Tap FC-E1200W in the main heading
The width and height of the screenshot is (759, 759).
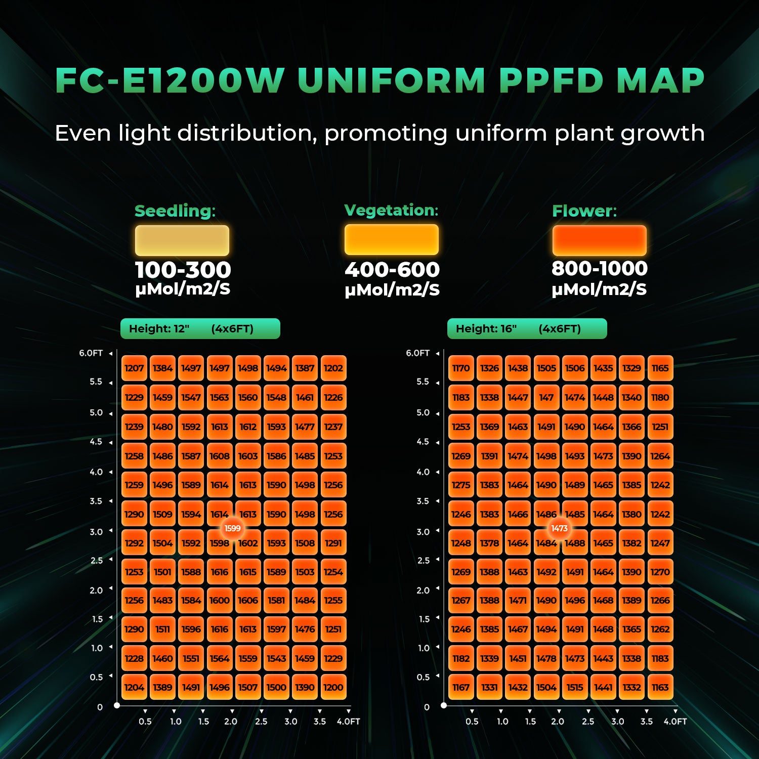click(x=170, y=80)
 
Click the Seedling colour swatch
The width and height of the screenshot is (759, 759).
click(x=182, y=240)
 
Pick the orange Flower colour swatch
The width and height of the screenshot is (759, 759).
click(x=599, y=240)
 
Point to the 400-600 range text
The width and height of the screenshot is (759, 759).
click(x=392, y=270)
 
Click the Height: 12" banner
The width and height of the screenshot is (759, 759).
click(x=200, y=329)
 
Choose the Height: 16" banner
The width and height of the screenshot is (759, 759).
click(x=527, y=329)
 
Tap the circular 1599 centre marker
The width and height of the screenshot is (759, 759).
click(x=233, y=528)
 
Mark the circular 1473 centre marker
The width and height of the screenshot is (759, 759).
click(x=560, y=528)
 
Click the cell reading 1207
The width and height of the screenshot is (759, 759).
click(x=134, y=368)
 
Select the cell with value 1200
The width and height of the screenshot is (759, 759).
click(x=333, y=687)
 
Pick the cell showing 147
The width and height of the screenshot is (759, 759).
click(x=546, y=398)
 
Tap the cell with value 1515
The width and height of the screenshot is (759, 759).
click(x=575, y=687)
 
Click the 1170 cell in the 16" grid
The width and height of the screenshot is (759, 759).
click(x=461, y=368)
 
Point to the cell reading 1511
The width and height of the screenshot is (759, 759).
click(x=162, y=629)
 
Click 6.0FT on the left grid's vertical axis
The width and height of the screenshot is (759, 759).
click(x=91, y=353)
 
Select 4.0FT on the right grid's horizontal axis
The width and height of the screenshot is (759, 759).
click(x=675, y=722)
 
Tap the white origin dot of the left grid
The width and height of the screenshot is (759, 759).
click(x=117, y=705)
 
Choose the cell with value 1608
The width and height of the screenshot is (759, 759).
click(x=220, y=456)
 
